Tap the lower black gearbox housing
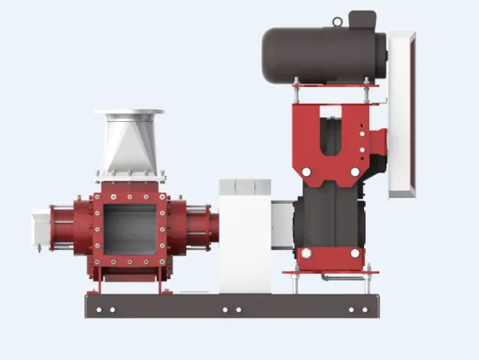335,218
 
